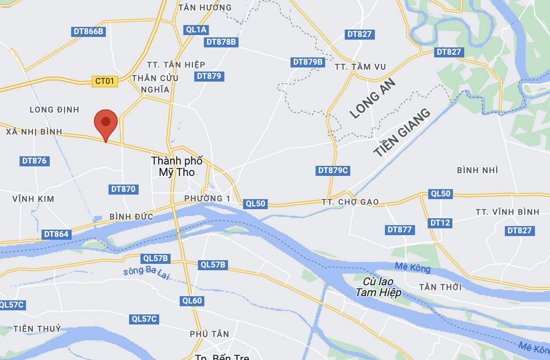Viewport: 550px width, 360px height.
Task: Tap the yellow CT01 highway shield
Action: click(105, 81)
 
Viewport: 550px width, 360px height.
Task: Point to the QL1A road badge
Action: click(197, 30)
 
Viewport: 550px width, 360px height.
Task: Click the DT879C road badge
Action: click(333, 170)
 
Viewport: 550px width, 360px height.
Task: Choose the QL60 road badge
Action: click(192, 301)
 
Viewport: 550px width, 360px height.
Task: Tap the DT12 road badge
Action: click(440, 223)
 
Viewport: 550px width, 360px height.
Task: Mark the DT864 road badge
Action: click(57, 234)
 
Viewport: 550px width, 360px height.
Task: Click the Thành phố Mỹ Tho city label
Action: click(176, 166)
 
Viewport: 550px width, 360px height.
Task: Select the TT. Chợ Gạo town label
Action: click(350, 202)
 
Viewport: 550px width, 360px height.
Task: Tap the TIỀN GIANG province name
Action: click(402, 133)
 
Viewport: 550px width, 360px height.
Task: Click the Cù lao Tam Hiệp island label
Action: click(379, 287)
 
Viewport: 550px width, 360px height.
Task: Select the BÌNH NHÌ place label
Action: click(477, 170)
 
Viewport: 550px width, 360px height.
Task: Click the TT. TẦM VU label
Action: click(360, 67)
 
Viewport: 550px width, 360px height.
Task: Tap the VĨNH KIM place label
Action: click(33, 199)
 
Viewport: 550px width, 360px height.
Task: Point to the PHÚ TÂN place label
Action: click(209, 334)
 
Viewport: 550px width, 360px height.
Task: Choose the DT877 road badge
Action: click(400, 230)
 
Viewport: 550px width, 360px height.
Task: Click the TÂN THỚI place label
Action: click(440, 287)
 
